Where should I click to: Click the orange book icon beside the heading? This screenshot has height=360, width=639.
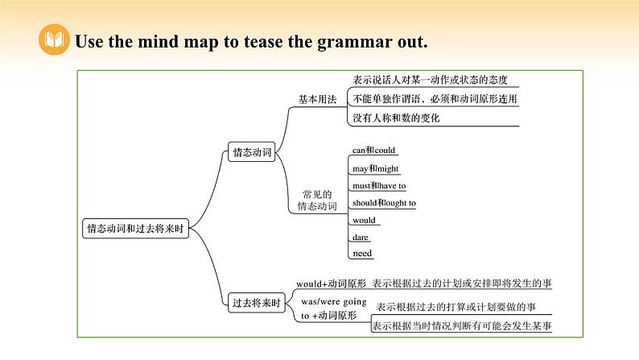[53, 41]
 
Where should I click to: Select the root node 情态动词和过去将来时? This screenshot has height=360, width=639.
[136, 228]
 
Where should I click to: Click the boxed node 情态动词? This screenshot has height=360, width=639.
[252, 151]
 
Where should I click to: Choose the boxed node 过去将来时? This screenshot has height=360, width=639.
[255, 304]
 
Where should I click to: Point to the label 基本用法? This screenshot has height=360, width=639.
[317, 99]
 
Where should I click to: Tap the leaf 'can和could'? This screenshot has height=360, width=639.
[374, 150]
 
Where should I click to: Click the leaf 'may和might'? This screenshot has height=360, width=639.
[375, 168]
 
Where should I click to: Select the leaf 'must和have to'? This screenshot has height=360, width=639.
[379, 185]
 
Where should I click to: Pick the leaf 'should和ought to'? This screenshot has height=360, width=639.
[384, 203]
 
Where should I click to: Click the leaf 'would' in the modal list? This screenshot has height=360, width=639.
[364, 220]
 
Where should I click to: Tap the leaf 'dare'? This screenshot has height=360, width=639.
[361, 237]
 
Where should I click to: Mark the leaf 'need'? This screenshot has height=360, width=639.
[361, 254]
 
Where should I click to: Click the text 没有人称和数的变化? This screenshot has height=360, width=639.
[397, 118]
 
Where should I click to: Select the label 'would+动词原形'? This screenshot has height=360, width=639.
[331, 283]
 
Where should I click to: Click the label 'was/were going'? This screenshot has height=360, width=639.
[328, 301]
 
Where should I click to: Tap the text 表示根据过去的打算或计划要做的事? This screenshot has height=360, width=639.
[456, 306]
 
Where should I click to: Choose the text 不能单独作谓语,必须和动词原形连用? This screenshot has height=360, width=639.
[435, 99]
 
